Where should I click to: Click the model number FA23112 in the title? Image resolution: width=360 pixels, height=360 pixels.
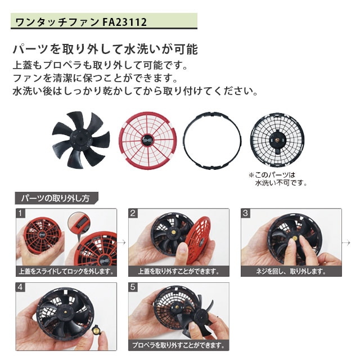(124, 22)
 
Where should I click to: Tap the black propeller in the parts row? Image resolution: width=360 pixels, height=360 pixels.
(81, 139)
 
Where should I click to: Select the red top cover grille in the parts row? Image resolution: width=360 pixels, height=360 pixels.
(147, 141)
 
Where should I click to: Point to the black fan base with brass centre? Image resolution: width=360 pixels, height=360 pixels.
(277, 140)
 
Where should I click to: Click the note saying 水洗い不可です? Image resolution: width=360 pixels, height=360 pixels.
(281, 183)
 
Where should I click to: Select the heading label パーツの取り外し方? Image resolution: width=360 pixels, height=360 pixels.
(55, 198)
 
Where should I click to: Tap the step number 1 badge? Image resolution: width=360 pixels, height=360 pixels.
(20, 213)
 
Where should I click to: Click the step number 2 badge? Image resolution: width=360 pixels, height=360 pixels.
(133, 213)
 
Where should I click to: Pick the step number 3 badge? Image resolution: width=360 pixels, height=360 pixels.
(245, 213)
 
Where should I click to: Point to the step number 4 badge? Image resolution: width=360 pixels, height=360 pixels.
(20, 287)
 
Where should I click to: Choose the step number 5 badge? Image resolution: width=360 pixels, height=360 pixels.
(133, 287)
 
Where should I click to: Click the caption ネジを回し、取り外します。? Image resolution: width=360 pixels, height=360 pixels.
(291, 271)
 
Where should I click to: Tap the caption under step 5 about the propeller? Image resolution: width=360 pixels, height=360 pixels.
(179, 345)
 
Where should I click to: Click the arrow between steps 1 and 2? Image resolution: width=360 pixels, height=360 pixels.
(123, 242)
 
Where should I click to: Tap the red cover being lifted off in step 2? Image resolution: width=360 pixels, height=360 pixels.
(199, 240)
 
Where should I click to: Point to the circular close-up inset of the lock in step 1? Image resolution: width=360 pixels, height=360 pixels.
(79, 223)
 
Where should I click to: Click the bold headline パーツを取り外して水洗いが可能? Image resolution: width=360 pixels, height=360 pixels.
(105, 49)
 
